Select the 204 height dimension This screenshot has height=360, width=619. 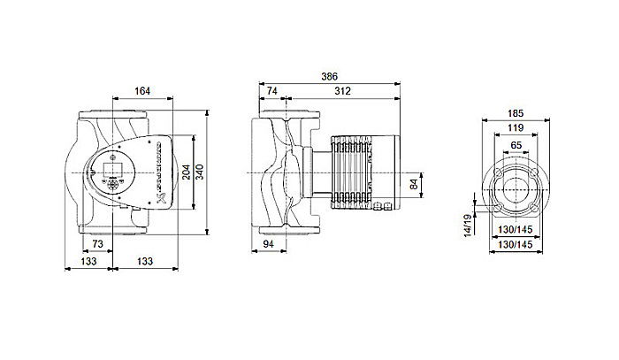tap(185, 172)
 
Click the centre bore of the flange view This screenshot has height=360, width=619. tap(515, 189)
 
